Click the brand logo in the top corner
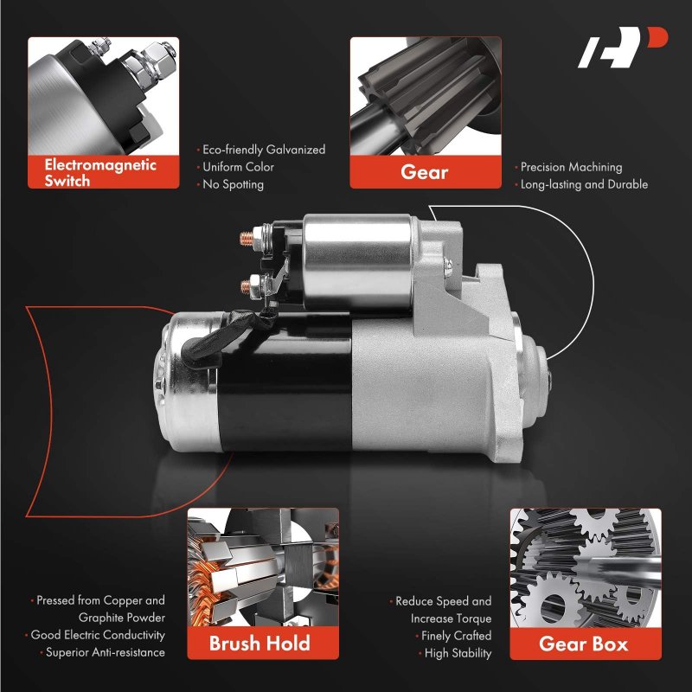[622, 48]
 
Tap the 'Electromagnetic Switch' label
[100, 172]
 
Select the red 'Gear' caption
[425, 171]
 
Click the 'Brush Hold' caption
[259, 643]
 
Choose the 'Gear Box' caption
[583, 644]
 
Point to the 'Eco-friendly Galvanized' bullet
[261, 150]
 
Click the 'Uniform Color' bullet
[235, 167]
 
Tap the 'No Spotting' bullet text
[230, 184]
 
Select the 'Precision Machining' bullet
[569, 167]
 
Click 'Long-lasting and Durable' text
[581, 184]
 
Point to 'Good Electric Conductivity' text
[95, 635]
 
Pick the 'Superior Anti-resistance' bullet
[102, 652]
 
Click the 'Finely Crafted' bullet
[453, 636]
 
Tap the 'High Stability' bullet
[456, 653]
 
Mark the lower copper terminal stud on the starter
[247, 286]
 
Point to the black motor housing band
[285, 381]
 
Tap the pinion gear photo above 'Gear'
[426, 96]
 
